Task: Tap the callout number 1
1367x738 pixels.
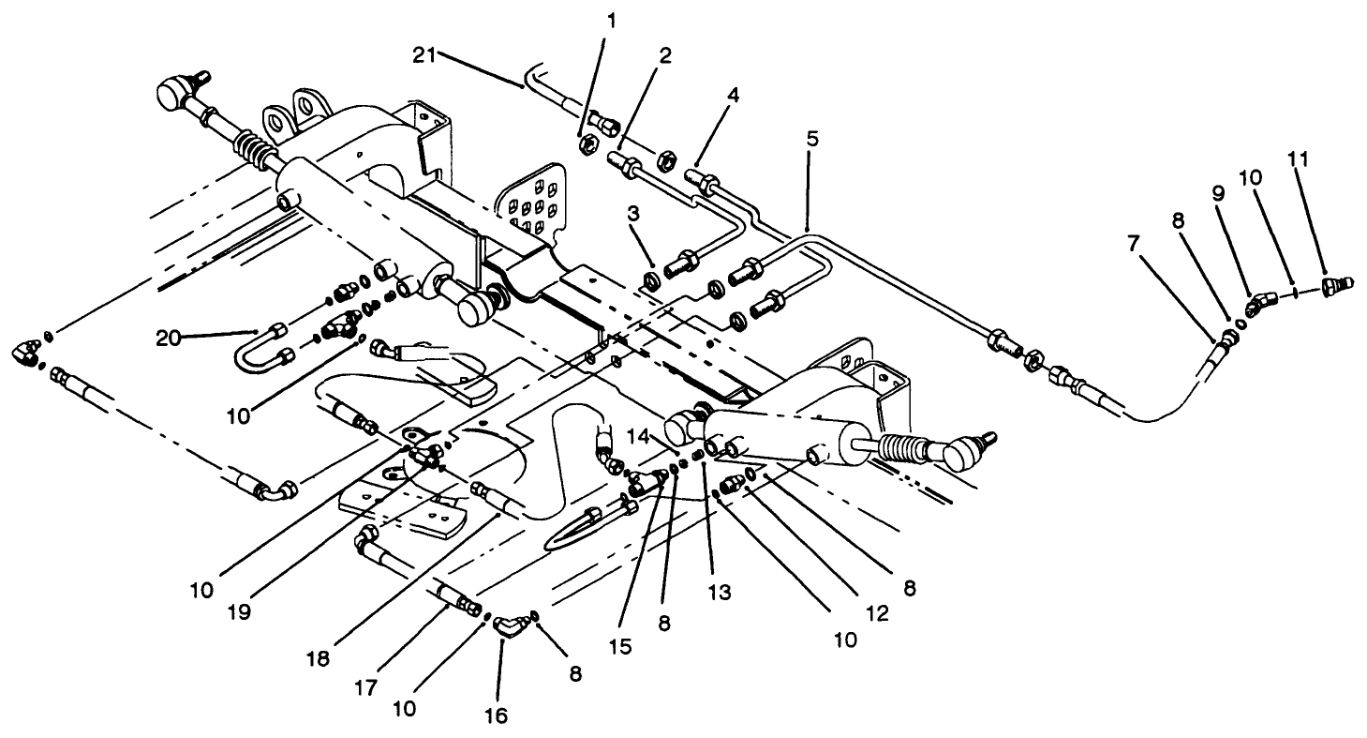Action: coord(612,20)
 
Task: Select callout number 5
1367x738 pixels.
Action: coord(812,139)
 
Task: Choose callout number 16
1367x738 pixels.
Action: coord(496,715)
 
